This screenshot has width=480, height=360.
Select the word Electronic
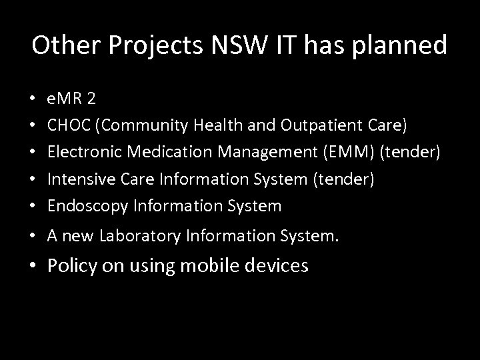(81, 153)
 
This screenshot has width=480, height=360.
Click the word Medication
(160, 153)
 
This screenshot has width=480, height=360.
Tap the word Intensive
(76, 179)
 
